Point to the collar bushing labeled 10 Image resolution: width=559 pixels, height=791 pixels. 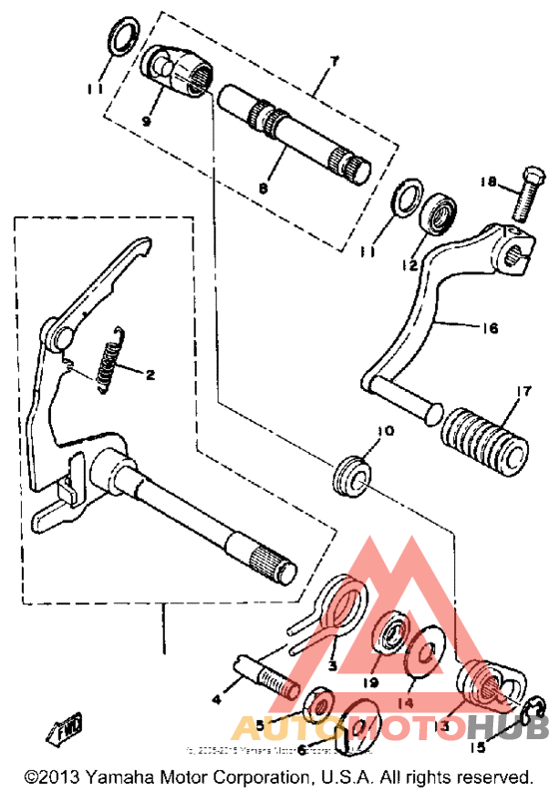click(x=352, y=475)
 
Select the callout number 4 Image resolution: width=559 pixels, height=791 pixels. click(x=217, y=700)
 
